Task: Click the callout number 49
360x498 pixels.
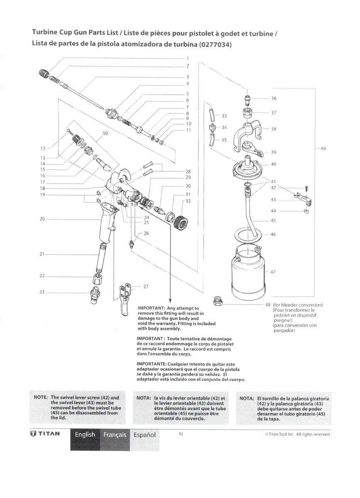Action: [323, 149]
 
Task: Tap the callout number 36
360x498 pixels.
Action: [274, 98]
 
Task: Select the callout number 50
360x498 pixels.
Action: [105, 133]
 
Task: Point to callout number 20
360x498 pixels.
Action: [42, 219]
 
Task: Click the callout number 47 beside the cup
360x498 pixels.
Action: [273, 272]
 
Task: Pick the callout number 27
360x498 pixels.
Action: [145, 286]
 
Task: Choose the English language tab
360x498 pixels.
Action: [85, 435]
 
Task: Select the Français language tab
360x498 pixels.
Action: [115, 435]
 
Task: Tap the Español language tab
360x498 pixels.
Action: [144, 435]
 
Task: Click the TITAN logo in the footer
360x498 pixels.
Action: [45, 434]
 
